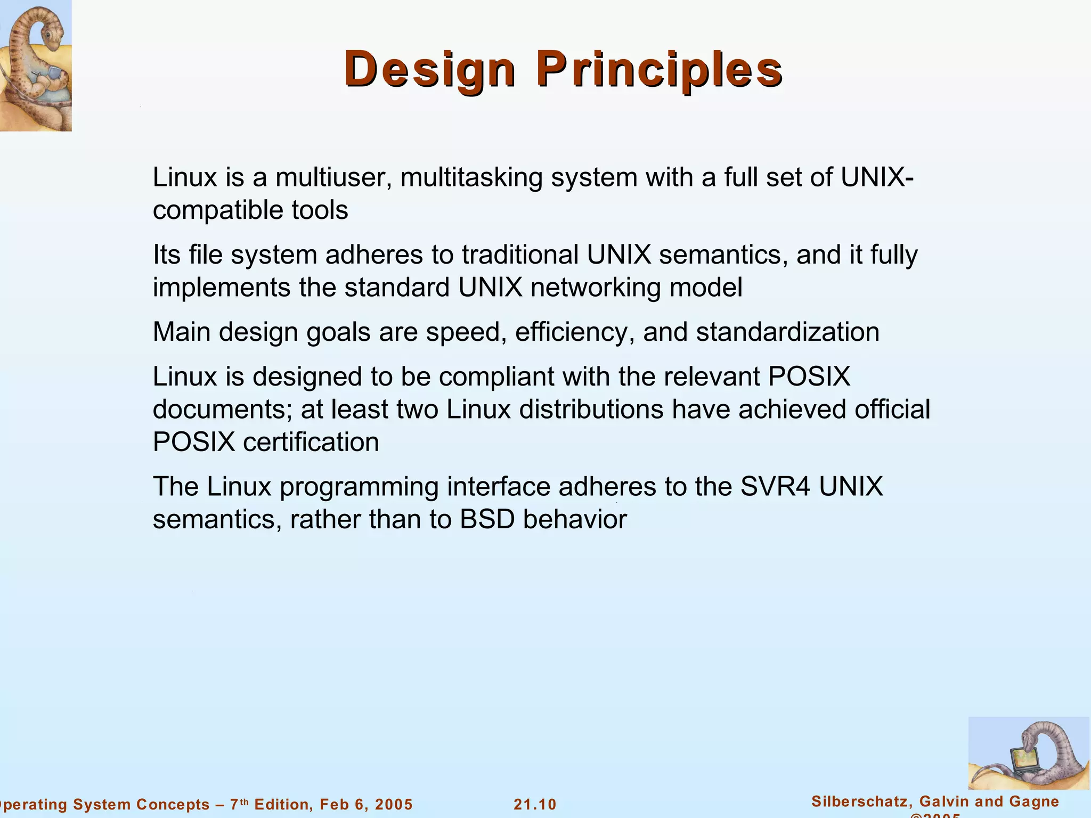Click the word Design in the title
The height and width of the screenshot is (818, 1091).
tap(429, 69)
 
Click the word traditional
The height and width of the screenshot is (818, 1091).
tap(520, 255)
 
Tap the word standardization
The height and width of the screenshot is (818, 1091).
tap(787, 332)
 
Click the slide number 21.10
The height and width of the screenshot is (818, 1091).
tap(535, 804)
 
